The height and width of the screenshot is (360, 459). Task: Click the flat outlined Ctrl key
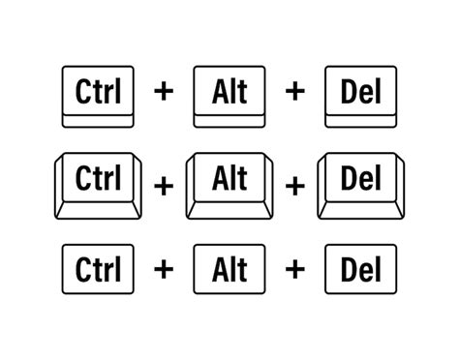pos(96,267)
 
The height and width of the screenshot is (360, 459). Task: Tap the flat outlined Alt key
pos(229,267)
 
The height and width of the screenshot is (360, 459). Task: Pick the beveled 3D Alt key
pos(229,181)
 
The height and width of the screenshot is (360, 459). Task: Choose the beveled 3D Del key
pos(360,181)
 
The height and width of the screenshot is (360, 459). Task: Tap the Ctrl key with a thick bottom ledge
pos(96,94)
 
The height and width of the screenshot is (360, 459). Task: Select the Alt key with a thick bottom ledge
pos(229,94)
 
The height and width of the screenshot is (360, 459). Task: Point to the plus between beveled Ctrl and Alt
pos(163,184)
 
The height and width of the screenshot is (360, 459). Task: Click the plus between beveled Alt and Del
pos(294,184)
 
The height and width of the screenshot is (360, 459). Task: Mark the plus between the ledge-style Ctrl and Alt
pos(163,92)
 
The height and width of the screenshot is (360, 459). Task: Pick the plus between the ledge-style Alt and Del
pos(294,92)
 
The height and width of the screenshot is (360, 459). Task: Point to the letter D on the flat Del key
pos(345,267)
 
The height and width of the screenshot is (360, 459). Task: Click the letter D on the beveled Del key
pos(345,178)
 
